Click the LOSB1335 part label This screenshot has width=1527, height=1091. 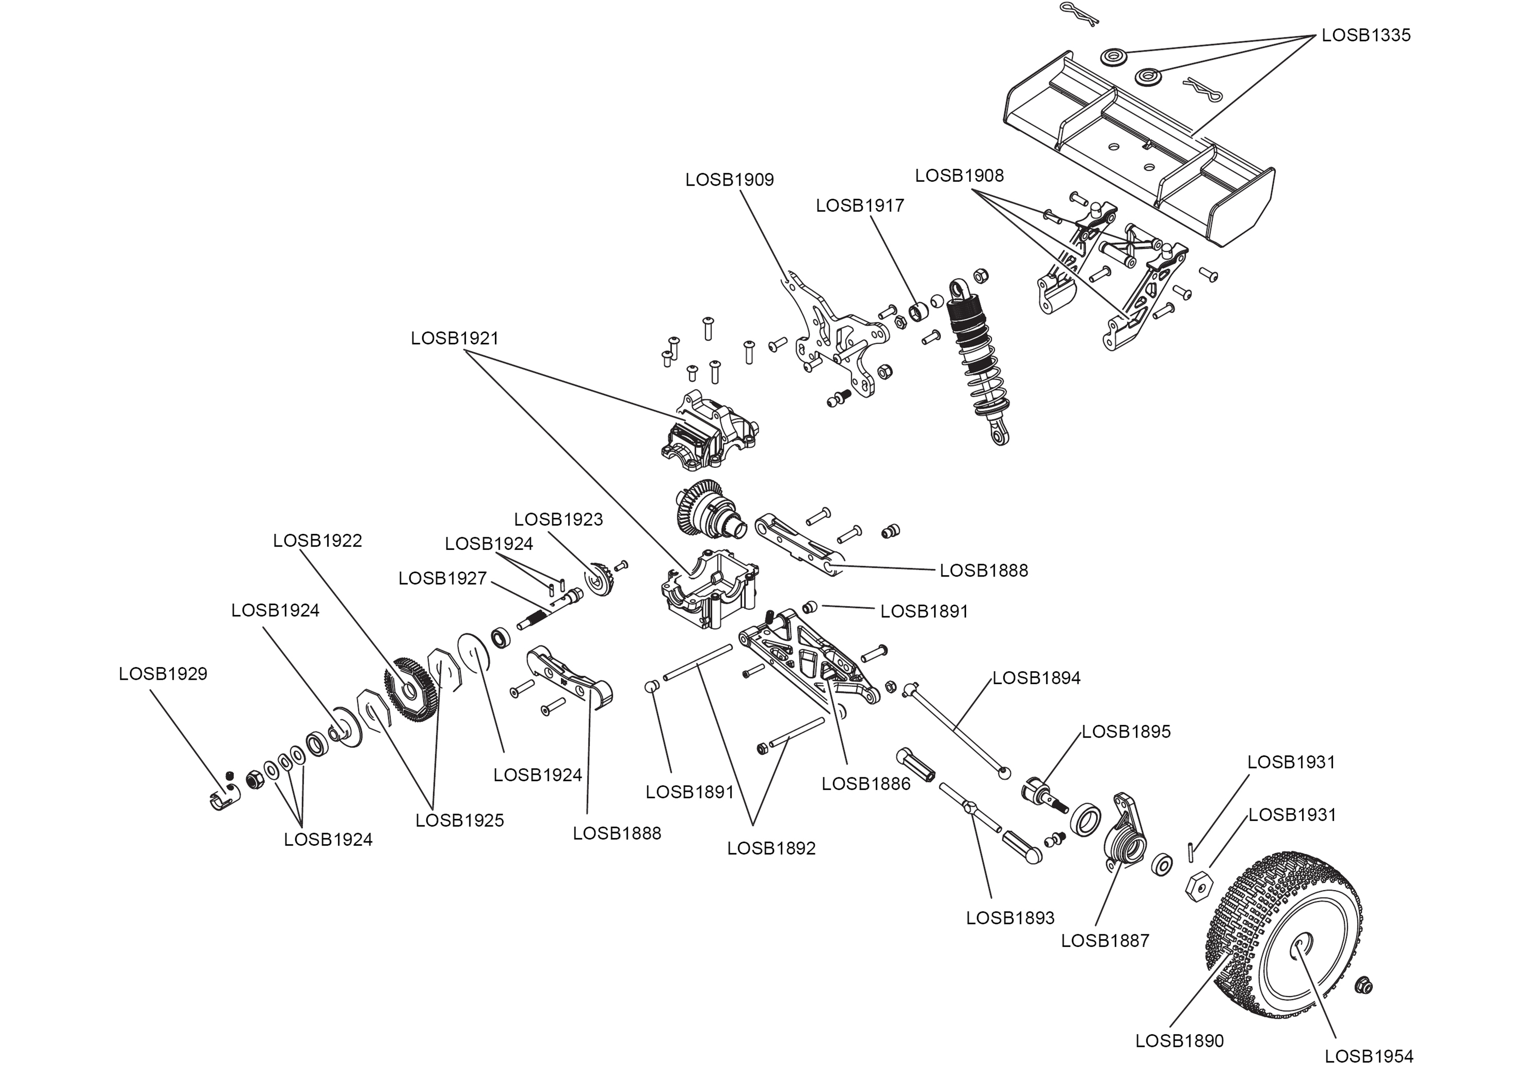click(1366, 35)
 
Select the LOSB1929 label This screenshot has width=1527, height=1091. click(163, 674)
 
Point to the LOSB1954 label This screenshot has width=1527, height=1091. click(1368, 1057)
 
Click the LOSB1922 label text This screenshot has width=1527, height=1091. click(318, 541)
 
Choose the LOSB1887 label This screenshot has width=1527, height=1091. click(1105, 941)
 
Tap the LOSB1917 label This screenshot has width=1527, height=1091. click(859, 206)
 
